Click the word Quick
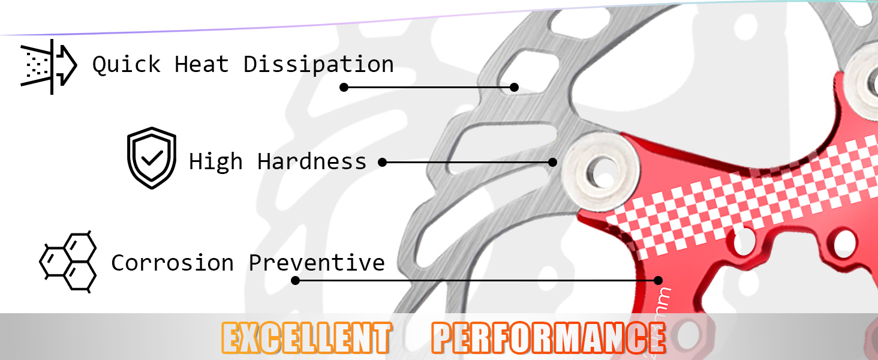(x=127, y=64)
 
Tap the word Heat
(x=202, y=64)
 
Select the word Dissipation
(x=318, y=64)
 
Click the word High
(x=216, y=161)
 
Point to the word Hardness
(x=312, y=161)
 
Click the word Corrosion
(x=172, y=263)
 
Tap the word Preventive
(x=317, y=263)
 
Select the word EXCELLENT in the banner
(x=306, y=338)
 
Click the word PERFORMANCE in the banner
(x=548, y=338)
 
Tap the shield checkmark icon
(x=152, y=158)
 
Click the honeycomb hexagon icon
(x=68, y=262)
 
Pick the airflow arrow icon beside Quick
(x=49, y=66)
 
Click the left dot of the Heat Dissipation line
(x=344, y=87)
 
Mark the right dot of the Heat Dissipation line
(x=514, y=87)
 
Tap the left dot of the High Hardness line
(x=383, y=162)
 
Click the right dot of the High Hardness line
(x=553, y=162)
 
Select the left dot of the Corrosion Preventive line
(x=295, y=280)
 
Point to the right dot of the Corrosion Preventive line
(x=658, y=280)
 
